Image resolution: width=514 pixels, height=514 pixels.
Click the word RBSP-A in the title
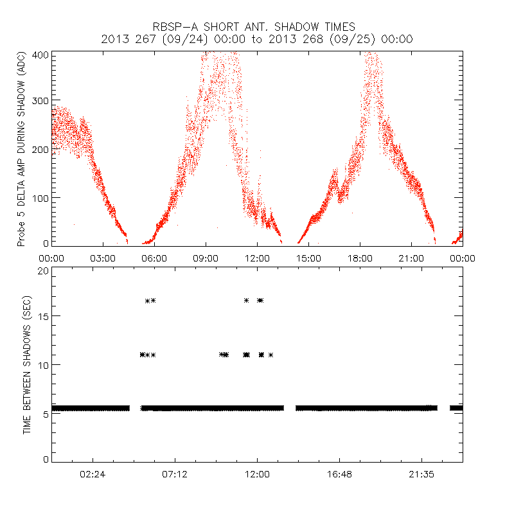point(175,27)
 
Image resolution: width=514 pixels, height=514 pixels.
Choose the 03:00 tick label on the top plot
point(103,258)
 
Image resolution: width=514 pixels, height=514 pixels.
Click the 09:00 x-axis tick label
point(206,258)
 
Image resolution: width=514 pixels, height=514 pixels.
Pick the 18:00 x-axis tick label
point(360,258)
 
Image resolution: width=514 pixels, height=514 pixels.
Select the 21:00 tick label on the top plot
point(411,258)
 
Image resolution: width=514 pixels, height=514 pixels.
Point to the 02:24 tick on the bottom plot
point(93,474)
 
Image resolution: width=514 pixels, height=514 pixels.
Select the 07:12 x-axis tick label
point(175,474)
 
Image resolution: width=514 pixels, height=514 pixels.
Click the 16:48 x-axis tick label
point(339,474)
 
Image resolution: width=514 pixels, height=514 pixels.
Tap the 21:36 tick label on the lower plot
point(421,474)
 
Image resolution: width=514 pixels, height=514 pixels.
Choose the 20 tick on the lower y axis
point(42,270)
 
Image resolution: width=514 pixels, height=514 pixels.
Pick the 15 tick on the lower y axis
point(42,316)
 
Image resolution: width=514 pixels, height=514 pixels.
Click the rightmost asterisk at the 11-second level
point(271,355)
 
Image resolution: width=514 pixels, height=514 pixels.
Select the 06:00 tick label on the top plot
point(154,258)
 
